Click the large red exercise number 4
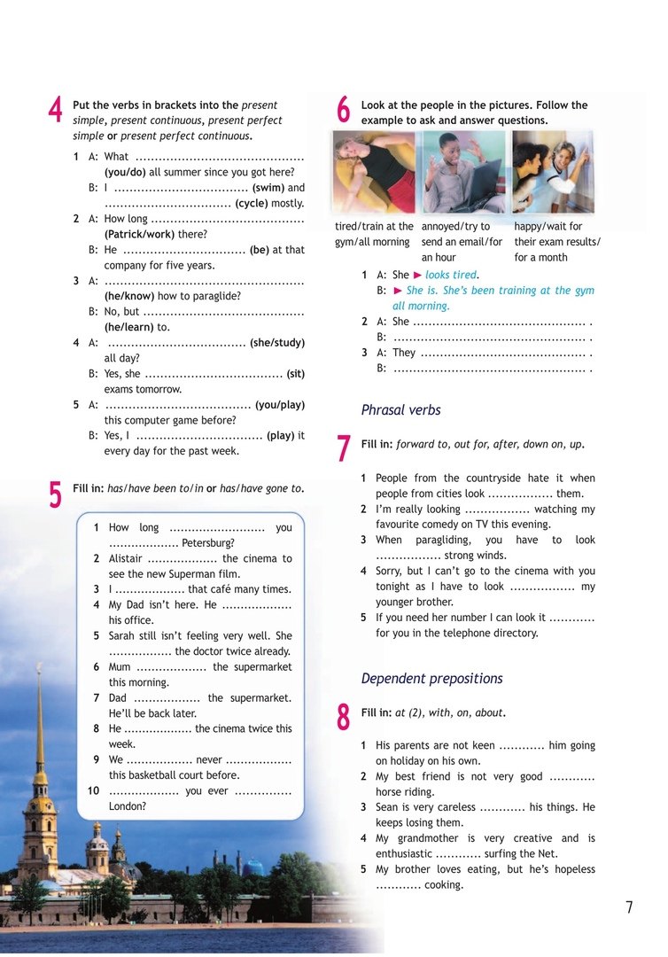click(56, 111)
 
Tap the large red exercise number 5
click(56, 494)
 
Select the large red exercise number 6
click(344, 111)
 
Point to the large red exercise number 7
click(344, 448)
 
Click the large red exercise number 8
click(344, 717)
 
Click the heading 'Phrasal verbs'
click(400, 410)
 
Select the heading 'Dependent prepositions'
click(431, 679)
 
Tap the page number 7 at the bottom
click(629, 907)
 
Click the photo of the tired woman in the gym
click(375, 172)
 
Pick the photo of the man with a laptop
click(463, 172)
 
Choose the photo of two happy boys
click(553, 172)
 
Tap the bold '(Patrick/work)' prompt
click(156, 235)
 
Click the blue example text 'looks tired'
click(451, 275)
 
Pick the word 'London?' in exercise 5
click(128, 806)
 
